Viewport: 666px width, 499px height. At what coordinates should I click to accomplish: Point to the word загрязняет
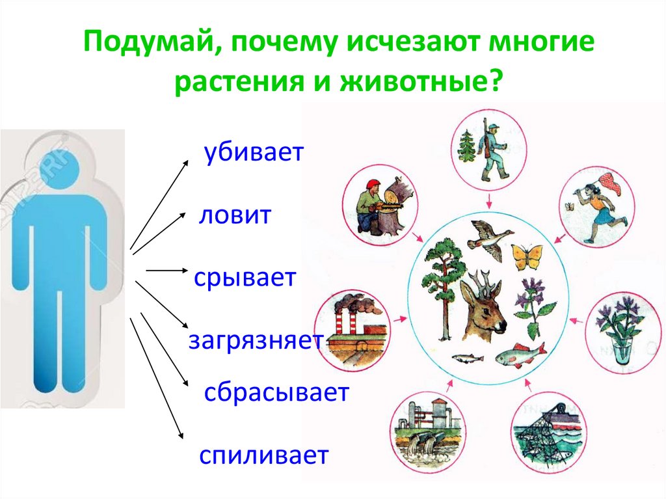(x=255, y=341)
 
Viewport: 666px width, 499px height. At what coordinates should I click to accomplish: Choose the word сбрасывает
(x=276, y=393)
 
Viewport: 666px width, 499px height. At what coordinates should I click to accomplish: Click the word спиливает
(x=263, y=455)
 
